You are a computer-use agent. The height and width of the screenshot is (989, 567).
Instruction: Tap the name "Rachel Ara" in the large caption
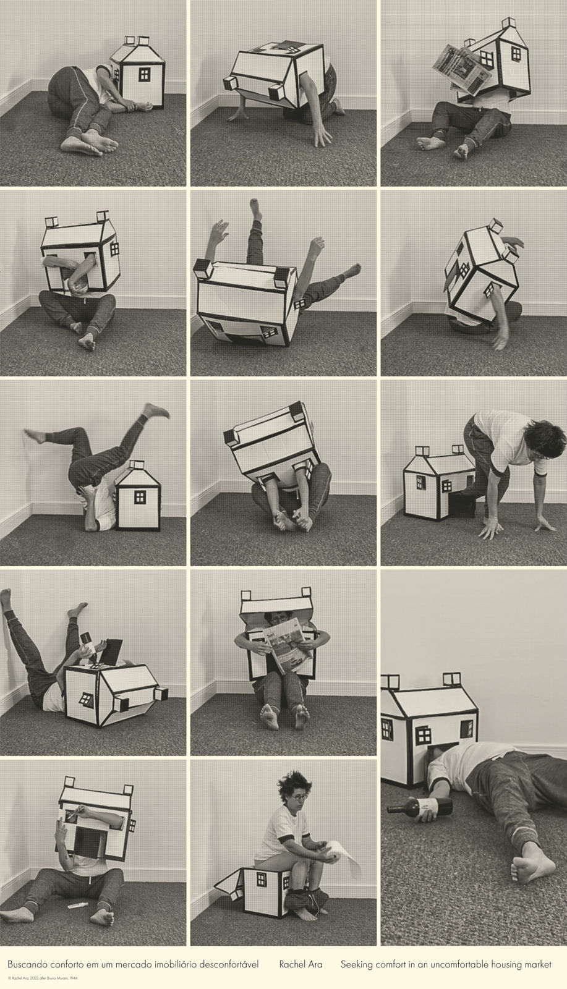tap(301, 964)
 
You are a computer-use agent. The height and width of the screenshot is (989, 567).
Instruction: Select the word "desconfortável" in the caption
tap(229, 964)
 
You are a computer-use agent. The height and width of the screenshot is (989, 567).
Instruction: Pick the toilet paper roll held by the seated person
tap(335, 851)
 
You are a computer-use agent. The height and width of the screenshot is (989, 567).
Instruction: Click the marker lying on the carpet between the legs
tap(75, 906)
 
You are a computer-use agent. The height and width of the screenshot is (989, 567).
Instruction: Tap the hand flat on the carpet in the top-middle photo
tap(322, 135)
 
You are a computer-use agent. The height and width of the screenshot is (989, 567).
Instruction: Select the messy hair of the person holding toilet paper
tap(292, 783)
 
